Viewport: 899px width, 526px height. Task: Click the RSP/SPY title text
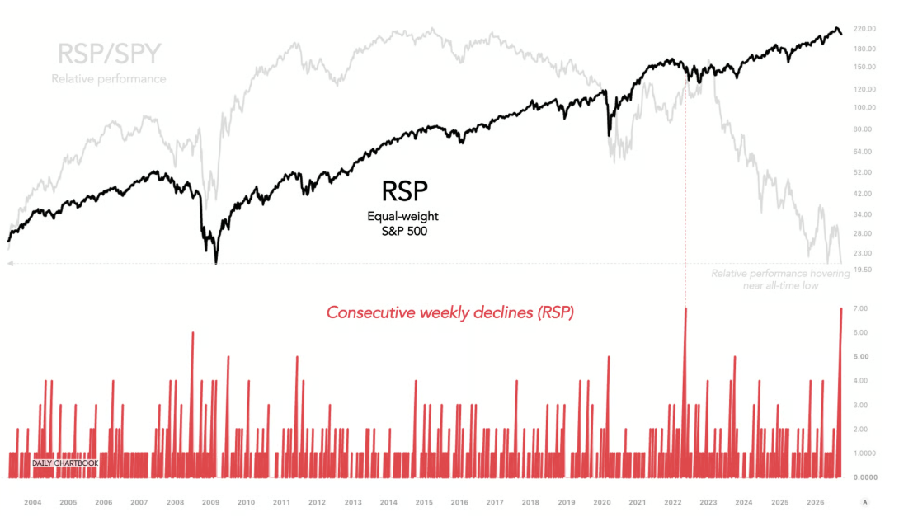(109, 54)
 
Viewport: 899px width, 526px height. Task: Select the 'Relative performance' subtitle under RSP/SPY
(109, 79)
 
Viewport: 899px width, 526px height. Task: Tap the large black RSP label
(405, 191)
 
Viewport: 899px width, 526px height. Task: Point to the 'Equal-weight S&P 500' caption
(403, 223)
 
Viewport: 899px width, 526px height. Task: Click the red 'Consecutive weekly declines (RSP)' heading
(450, 312)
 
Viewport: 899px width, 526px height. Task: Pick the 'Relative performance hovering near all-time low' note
(780, 279)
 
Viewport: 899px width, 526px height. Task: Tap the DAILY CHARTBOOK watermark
(65, 463)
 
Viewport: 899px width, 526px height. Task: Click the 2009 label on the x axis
(210, 503)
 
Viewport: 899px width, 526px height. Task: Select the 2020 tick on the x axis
(602, 503)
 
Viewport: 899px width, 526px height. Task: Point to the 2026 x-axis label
(816, 503)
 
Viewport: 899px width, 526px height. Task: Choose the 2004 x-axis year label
(33, 503)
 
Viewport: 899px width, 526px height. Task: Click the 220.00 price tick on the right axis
(864, 29)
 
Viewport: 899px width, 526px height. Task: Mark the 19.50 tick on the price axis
(863, 270)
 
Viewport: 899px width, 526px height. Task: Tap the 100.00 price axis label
(864, 107)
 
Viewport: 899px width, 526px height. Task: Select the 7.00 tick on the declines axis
(860, 308)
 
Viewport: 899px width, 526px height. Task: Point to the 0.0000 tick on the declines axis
(865, 477)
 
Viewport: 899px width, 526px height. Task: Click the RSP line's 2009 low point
(216, 262)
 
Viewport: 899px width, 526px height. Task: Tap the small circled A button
(865, 503)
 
